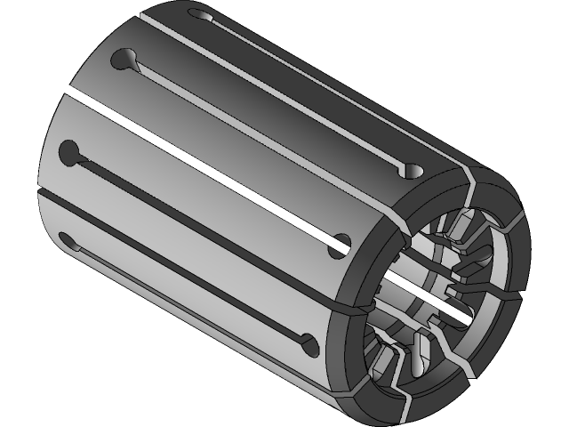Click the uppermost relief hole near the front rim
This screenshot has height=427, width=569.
(412, 169)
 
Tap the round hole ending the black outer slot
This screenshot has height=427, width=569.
(339, 246)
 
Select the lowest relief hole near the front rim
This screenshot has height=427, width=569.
(309, 342)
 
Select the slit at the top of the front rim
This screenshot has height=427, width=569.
(469, 182)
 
